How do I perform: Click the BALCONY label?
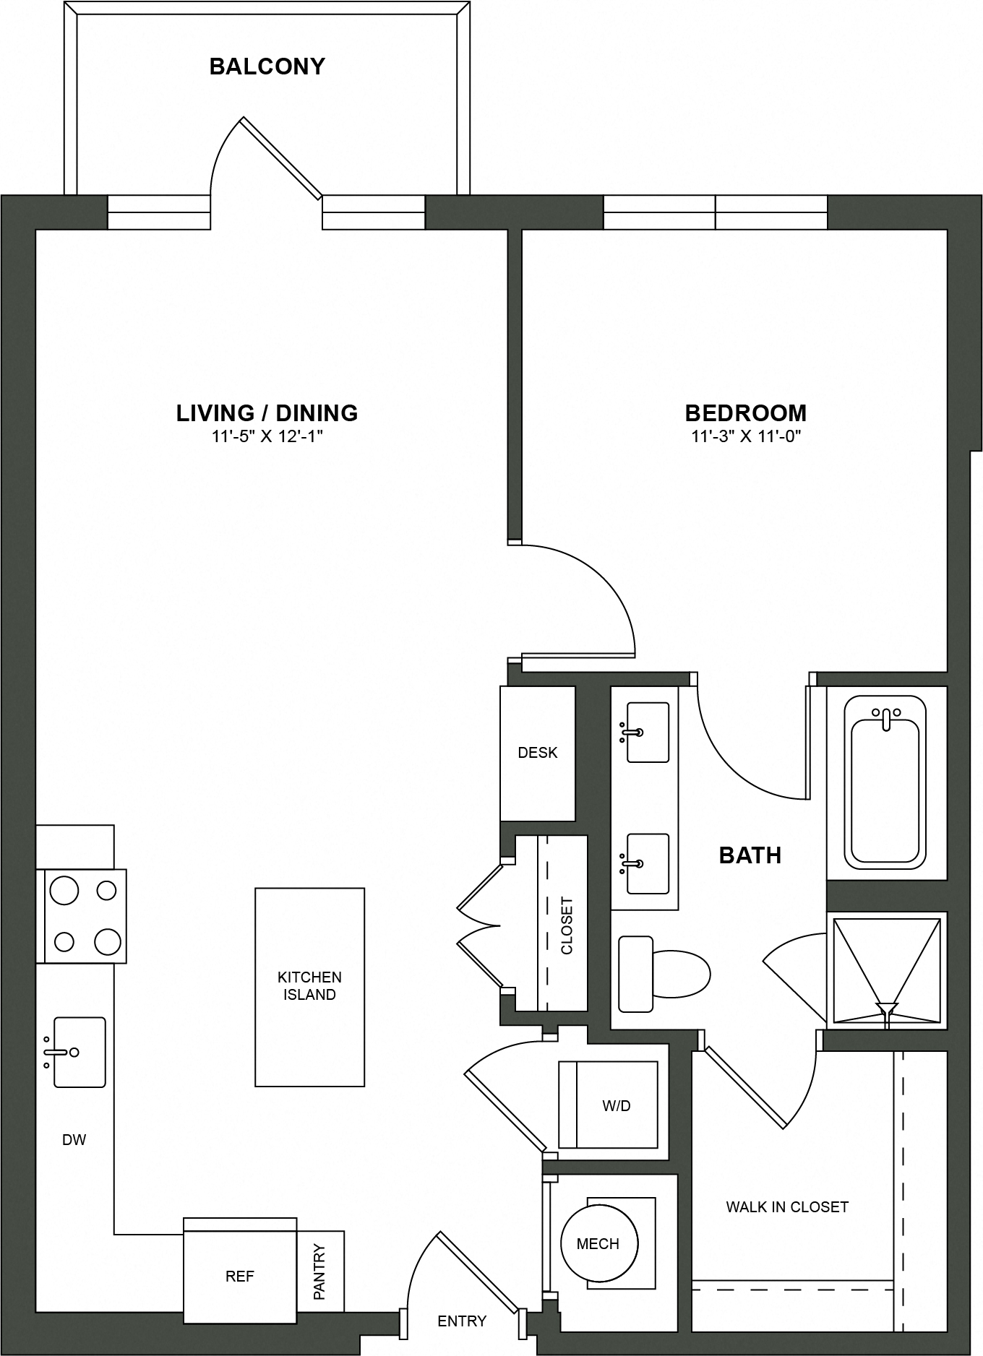coord(267,66)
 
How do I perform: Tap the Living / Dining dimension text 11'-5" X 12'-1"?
coord(267,436)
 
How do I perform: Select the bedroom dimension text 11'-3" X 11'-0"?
coord(746,436)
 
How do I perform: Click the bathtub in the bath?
coord(885,784)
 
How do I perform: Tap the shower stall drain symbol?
coord(886,1008)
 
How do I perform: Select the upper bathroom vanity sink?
coord(648,732)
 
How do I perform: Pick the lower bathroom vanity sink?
coord(648,863)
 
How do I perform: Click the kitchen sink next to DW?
coord(80,1052)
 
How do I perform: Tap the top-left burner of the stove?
coord(64,891)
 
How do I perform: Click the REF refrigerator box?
coord(240,1277)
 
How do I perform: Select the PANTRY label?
coord(320,1271)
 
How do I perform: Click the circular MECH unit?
coord(599,1243)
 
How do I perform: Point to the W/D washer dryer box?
coord(615,1105)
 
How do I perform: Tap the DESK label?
coord(538,753)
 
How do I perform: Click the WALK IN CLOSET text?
coord(787,1206)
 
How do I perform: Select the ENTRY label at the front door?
coord(462,1321)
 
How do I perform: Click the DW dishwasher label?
coord(74,1140)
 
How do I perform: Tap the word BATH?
coord(750,855)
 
